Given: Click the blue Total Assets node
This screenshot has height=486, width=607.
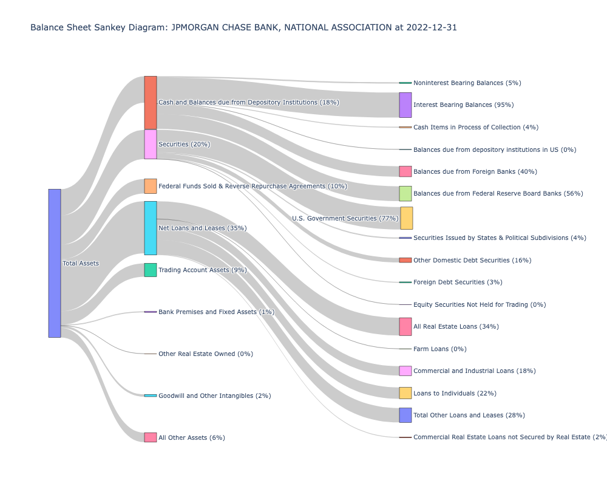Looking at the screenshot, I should click(55, 263).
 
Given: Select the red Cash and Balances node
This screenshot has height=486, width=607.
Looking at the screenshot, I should click(150, 103).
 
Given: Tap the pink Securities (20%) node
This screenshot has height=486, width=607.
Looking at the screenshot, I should click(150, 144).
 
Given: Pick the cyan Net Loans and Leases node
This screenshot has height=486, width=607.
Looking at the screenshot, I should click(150, 228).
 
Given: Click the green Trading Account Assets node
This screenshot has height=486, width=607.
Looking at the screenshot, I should click(150, 270).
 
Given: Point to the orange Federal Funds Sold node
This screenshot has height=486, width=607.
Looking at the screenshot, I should click(150, 186).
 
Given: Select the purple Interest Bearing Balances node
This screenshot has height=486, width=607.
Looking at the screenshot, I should click(405, 105).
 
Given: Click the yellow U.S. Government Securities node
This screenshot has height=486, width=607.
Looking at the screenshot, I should click(406, 218).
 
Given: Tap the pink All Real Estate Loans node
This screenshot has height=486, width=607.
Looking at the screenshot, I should click(405, 326).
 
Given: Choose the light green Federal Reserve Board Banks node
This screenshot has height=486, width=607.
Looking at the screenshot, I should click(405, 193).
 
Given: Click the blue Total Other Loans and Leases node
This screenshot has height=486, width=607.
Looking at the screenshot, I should click(405, 415).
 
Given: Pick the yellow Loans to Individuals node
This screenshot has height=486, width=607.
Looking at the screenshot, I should click(405, 393).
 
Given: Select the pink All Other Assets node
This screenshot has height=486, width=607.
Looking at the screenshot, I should click(150, 437).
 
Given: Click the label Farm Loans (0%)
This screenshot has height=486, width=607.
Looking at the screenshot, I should click(439, 349).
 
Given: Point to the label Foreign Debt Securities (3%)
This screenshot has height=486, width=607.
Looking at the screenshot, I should click(458, 282).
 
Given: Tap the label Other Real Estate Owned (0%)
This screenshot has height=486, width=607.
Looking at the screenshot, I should click(205, 354).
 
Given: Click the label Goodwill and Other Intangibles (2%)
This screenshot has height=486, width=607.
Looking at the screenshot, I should click(214, 395).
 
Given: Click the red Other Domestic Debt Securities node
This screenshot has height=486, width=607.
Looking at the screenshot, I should click(405, 260).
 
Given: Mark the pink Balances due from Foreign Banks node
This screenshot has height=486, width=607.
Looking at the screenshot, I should click(405, 171).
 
